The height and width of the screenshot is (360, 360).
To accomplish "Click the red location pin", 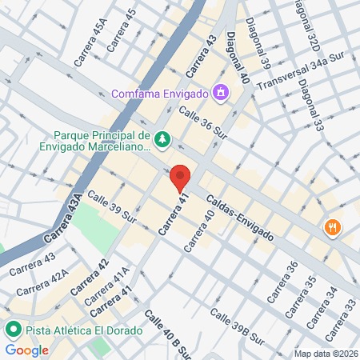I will coord(180,178).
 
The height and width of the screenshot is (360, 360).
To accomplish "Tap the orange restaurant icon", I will coord(332,228).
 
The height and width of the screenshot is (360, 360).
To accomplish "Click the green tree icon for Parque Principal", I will coord(162,140).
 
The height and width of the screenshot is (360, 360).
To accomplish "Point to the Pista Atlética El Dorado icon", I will coord(14,330).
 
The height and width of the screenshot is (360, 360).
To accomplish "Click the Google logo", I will coord(26,350).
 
